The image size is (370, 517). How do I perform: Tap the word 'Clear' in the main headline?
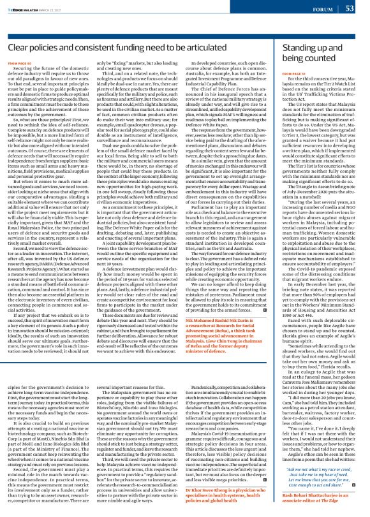19,48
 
